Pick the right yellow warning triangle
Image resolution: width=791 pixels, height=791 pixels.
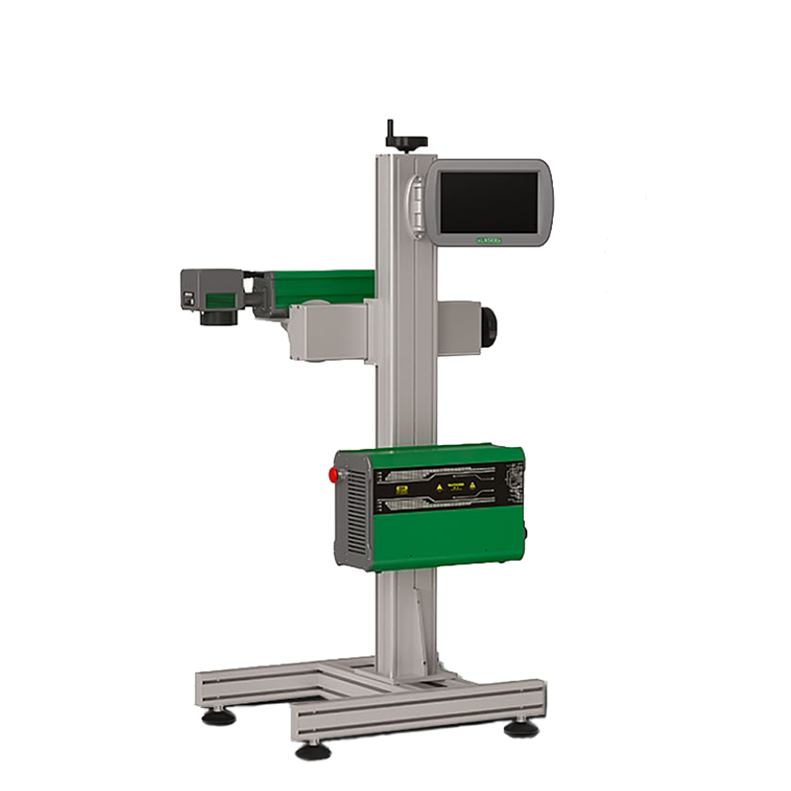(x=472, y=487)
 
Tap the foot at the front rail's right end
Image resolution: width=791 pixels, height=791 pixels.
(x=518, y=729)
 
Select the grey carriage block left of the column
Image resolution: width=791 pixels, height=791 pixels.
(x=326, y=331)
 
